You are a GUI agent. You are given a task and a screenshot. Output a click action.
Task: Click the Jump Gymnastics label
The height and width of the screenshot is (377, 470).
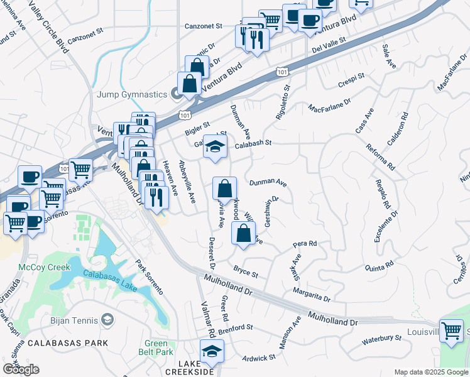click(131, 94)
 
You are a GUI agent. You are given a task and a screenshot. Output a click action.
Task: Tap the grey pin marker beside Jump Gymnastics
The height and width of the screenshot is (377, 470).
click(177, 94)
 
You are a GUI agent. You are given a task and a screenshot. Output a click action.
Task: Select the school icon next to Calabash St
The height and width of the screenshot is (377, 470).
click(215, 147)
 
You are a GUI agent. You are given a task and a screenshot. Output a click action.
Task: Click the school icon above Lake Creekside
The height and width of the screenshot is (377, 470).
click(212, 351)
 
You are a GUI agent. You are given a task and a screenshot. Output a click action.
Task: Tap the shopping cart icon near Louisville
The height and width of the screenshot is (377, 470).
click(451, 331)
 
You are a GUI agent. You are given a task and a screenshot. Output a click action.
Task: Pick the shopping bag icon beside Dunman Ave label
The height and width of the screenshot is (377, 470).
click(224, 189)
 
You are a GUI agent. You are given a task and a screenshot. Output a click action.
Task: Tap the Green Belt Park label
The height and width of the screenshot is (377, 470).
click(156, 348)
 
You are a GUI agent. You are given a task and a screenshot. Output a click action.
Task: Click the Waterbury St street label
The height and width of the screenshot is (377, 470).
click(382, 339)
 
